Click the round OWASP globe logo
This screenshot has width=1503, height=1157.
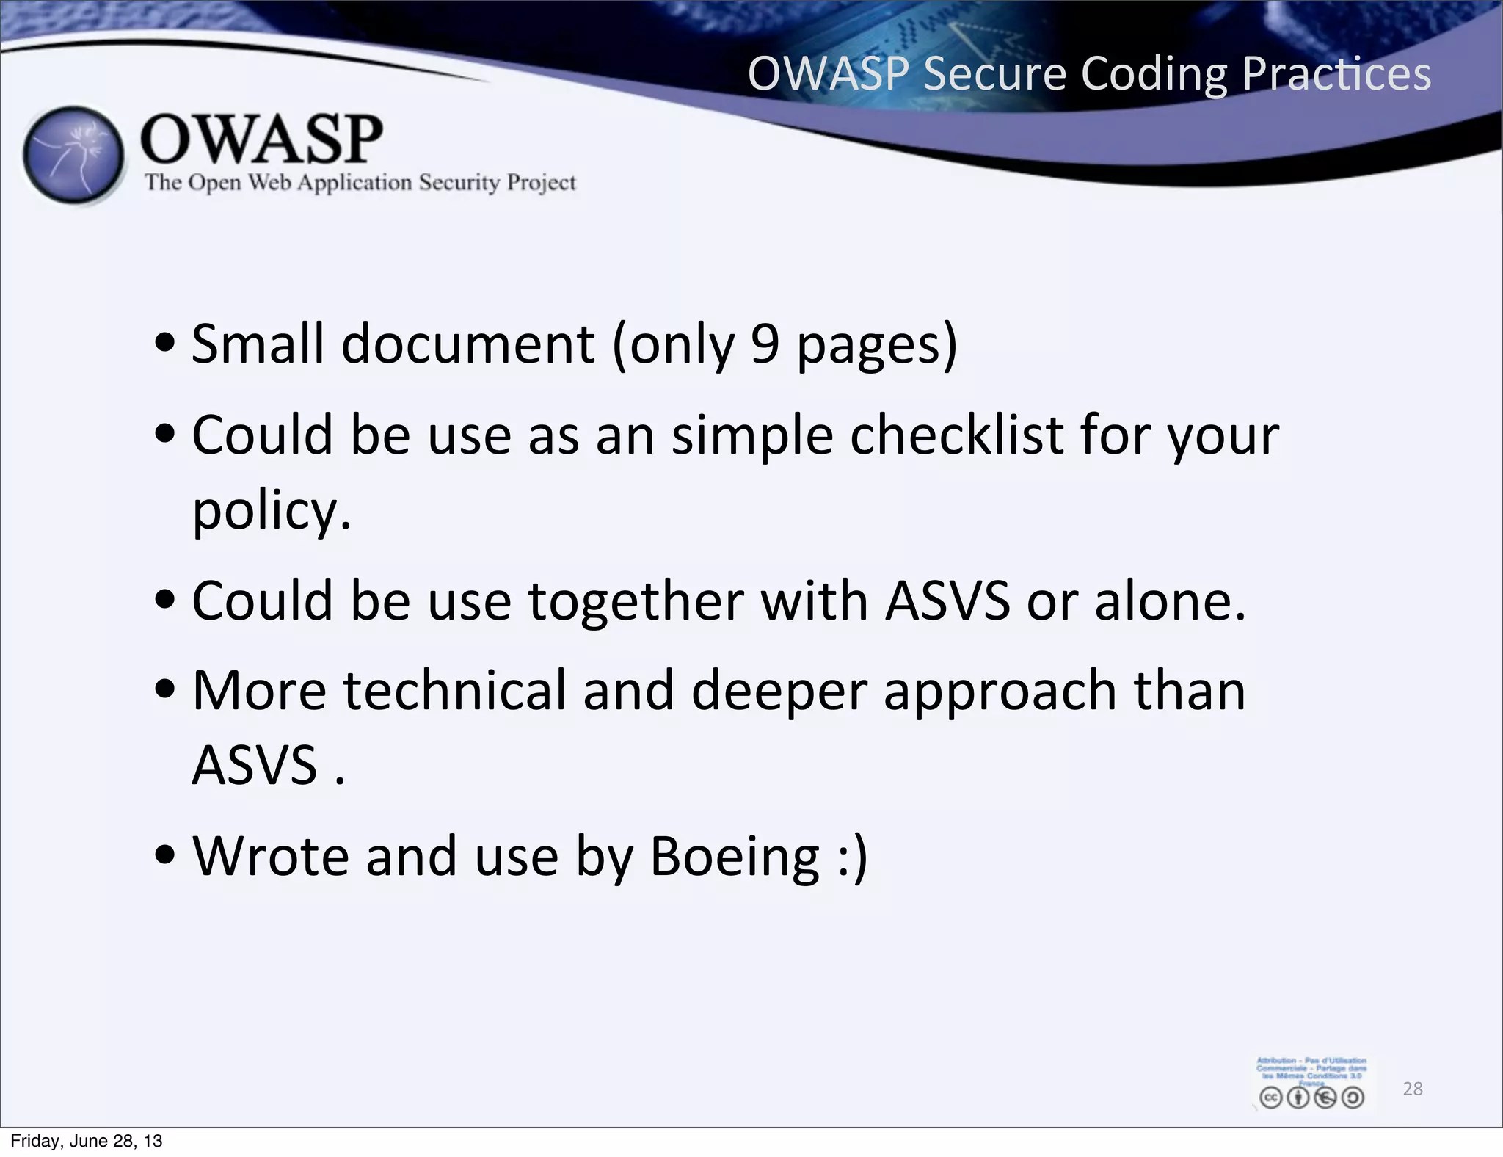coord(73,156)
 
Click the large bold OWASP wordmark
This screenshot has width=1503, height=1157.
coord(261,139)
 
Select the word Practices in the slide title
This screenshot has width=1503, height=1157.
coord(1336,74)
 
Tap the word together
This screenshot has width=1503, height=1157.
coord(636,601)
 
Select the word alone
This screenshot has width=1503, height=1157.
coord(1169,601)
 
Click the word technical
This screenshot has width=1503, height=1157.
coord(454,691)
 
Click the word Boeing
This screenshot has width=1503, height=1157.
coord(735,857)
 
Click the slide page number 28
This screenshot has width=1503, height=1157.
coord(1413,1089)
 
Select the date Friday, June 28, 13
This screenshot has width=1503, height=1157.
coord(87,1141)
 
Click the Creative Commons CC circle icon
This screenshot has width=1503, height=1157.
coord(1270,1098)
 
